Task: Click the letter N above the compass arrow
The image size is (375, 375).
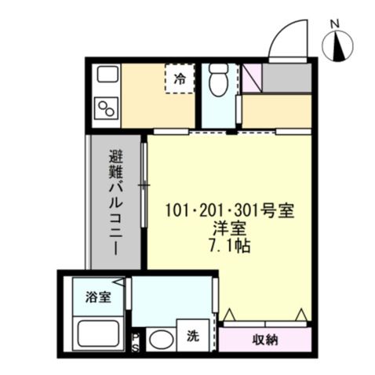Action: pyautogui.click(x=336, y=24)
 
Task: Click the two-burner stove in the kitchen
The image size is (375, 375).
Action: pyautogui.click(x=106, y=107)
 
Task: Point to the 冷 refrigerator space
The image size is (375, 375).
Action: pyautogui.click(x=180, y=78)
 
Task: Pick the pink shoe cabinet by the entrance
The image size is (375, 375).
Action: pyautogui.click(x=251, y=78)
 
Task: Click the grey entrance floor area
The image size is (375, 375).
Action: pyautogui.click(x=287, y=78)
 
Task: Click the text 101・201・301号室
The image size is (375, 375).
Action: pyautogui.click(x=229, y=212)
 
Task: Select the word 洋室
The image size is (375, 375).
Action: pyautogui.click(x=229, y=228)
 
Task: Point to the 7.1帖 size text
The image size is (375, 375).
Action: pyautogui.click(x=229, y=245)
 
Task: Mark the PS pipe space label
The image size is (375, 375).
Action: pyautogui.click(x=136, y=341)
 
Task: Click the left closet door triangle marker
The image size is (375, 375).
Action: pyautogui.click(x=229, y=316)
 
